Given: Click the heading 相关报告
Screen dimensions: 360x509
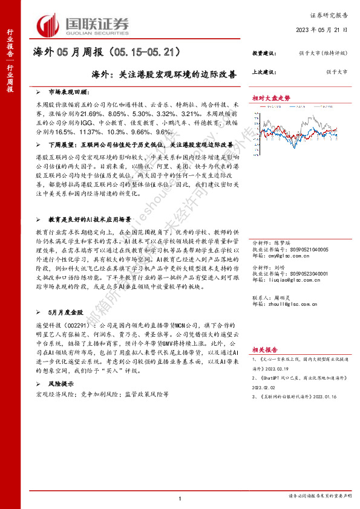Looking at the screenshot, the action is pos(264,349).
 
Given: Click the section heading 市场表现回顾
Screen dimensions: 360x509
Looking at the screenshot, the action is pos(70,92).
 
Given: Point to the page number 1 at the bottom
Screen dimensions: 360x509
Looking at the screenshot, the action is pos(180,498).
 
